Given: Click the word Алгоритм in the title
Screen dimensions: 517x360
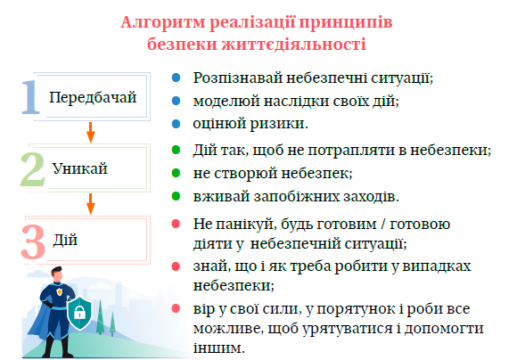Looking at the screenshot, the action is (x=163, y=23).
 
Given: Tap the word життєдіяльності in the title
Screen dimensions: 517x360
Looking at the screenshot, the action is (x=294, y=45).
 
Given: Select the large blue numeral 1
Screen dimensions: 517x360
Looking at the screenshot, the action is (x=30, y=98).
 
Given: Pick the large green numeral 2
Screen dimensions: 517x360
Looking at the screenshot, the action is (x=33, y=169).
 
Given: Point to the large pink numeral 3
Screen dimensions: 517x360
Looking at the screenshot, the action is (x=33, y=241).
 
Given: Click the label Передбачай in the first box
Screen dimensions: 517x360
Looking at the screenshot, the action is (x=93, y=98).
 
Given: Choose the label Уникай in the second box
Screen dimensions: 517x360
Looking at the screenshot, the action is (x=80, y=168).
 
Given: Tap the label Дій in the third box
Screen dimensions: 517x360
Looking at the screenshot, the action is (x=65, y=240).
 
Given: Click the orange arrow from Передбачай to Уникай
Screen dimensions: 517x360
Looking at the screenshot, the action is (x=91, y=133).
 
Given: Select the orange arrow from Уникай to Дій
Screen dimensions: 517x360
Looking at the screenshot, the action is (x=91, y=204).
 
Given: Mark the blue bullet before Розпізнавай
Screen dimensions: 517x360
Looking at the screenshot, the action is (x=176, y=78).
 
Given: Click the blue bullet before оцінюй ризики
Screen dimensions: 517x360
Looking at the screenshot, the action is (x=176, y=124).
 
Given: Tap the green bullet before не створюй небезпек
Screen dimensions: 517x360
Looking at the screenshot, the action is (x=176, y=173).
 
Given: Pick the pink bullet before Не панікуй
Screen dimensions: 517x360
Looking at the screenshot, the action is (x=176, y=225).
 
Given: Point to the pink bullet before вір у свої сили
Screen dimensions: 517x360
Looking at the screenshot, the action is (x=176, y=309).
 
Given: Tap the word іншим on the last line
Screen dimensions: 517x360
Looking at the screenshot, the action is (x=219, y=348).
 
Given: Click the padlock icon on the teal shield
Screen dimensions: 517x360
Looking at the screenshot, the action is (x=79, y=312).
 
